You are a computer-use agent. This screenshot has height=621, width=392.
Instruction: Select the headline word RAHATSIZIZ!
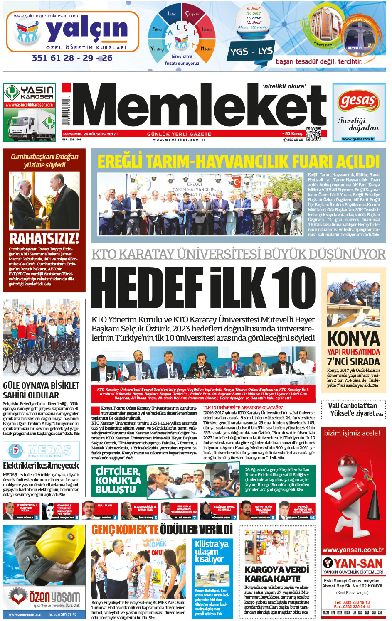(44, 238)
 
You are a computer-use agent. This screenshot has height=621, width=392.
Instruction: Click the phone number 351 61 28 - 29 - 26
(72, 58)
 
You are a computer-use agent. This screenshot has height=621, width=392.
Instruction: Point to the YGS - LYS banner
(251, 52)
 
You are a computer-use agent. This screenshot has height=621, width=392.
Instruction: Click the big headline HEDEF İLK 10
(203, 287)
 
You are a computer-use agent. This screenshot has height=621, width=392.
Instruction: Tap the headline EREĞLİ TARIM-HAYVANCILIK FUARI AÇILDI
(239, 161)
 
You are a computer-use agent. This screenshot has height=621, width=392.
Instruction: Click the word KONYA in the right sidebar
(354, 339)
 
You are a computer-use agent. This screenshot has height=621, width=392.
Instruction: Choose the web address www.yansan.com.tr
(353, 550)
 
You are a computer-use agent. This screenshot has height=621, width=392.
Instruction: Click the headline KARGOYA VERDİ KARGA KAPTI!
(276, 574)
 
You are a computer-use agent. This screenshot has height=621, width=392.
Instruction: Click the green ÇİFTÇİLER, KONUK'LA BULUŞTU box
(118, 481)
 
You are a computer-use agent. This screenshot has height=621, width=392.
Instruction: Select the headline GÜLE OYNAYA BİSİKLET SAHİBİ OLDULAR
(41, 390)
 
